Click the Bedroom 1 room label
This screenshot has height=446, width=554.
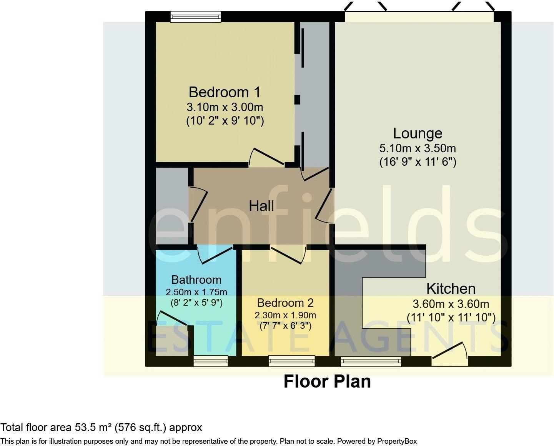tap(225, 92)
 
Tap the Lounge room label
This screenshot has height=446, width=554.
tap(418, 133)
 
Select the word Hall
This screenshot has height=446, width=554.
tap(261, 206)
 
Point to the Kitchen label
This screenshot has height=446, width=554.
tap(451, 289)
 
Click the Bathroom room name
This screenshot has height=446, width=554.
tap(196, 280)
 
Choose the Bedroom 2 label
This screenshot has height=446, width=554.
tap(285, 303)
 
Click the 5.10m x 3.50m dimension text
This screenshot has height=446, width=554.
tap(418, 148)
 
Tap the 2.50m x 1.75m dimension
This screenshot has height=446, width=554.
tap(196, 292)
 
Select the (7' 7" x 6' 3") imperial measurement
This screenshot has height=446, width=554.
tap(285, 326)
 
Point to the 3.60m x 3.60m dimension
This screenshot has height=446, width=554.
tap(451, 304)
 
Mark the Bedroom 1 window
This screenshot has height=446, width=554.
tap(196, 17)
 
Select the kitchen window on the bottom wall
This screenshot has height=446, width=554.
tap(371, 361)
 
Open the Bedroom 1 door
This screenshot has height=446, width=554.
tap(266, 157)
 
